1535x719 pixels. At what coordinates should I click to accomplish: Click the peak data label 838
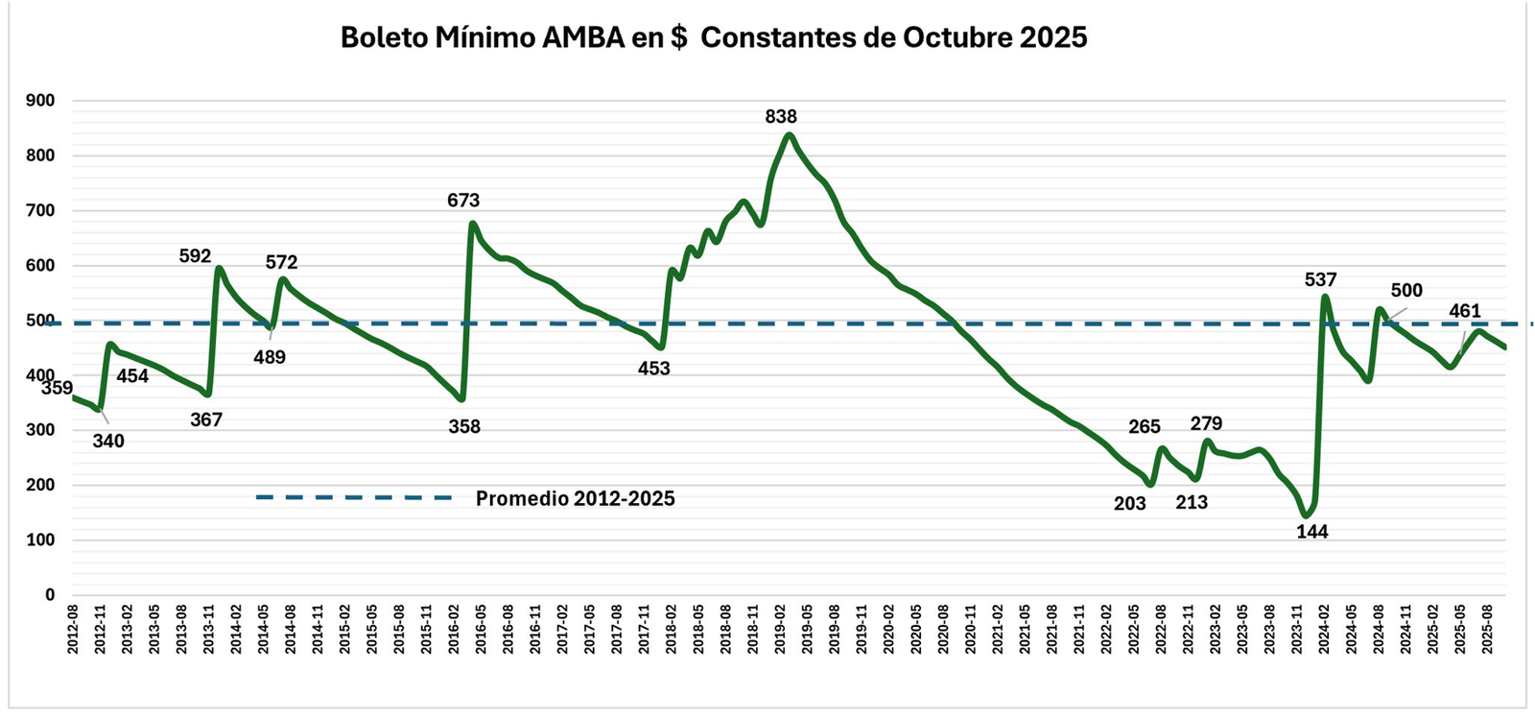click(781, 116)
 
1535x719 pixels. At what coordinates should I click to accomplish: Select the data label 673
click(463, 201)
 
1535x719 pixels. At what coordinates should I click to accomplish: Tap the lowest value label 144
click(1312, 532)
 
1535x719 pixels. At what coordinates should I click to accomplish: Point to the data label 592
click(195, 256)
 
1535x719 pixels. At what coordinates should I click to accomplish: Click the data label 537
click(1320, 279)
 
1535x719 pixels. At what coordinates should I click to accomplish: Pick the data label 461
click(1465, 311)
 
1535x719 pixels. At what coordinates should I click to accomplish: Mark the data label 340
click(108, 442)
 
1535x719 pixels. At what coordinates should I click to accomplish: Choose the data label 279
click(1206, 423)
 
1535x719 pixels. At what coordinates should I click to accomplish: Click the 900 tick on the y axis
click(39, 101)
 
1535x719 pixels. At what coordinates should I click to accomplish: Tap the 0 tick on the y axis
click(50, 595)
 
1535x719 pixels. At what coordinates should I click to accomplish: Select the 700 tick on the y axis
click(39, 210)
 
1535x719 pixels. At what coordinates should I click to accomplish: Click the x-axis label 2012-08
click(73, 629)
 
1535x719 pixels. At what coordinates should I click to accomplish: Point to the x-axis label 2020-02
click(888, 629)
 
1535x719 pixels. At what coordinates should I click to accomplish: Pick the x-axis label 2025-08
click(1487, 629)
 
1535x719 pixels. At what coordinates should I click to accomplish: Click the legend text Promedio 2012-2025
click(576, 499)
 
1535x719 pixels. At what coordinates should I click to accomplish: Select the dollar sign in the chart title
click(678, 37)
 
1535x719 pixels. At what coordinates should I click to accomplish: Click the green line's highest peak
click(789, 134)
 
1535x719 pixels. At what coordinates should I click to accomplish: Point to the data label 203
click(1130, 503)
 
